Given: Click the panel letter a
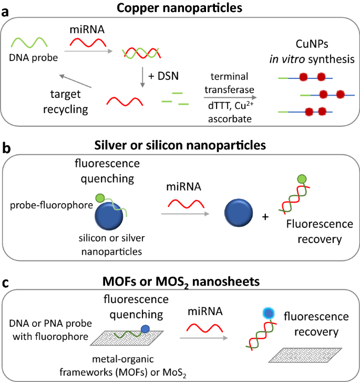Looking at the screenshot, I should pyautogui.click(x=6, y=11).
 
